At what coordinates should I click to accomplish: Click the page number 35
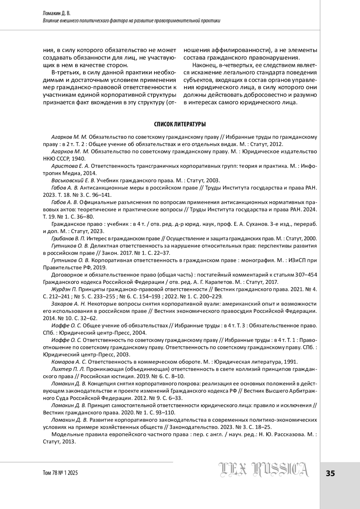coord(330,474)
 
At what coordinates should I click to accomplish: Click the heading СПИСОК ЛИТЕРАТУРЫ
coord(180,124)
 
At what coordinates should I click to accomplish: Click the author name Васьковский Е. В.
coord(73,181)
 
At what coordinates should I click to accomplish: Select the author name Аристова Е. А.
coord(70,166)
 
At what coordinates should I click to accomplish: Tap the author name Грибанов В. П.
coord(69,238)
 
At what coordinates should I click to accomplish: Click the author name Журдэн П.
coord(64,289)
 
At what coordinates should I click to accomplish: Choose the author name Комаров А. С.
coord(69,362)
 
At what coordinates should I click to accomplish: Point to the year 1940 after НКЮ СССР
coord(78,159)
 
